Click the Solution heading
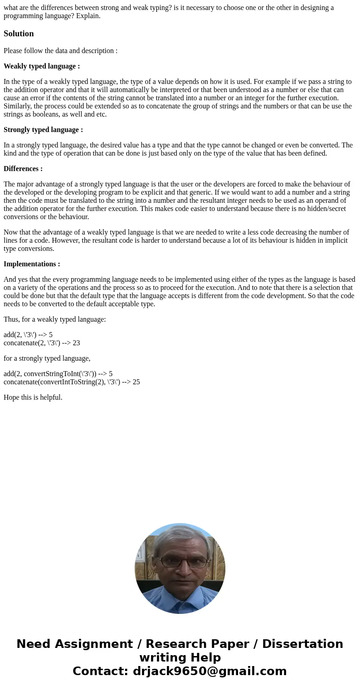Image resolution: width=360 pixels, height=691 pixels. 19,34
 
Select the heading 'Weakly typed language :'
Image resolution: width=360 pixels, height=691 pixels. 42,66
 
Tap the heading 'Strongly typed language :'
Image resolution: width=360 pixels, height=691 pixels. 43,130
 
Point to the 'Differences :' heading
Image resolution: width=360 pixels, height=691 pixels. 23,169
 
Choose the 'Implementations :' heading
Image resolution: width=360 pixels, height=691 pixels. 32,264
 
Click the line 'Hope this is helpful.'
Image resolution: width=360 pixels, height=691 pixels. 33,397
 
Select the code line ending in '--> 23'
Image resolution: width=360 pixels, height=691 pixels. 42,343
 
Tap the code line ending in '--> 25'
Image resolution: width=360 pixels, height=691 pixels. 72,382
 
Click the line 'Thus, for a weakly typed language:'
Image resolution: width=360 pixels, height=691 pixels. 55,319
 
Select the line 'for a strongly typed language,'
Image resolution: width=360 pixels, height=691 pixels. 47,358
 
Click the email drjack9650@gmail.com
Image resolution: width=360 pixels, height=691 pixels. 209,671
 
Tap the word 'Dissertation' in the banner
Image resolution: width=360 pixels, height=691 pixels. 302,644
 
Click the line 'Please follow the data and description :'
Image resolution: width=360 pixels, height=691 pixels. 60,51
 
